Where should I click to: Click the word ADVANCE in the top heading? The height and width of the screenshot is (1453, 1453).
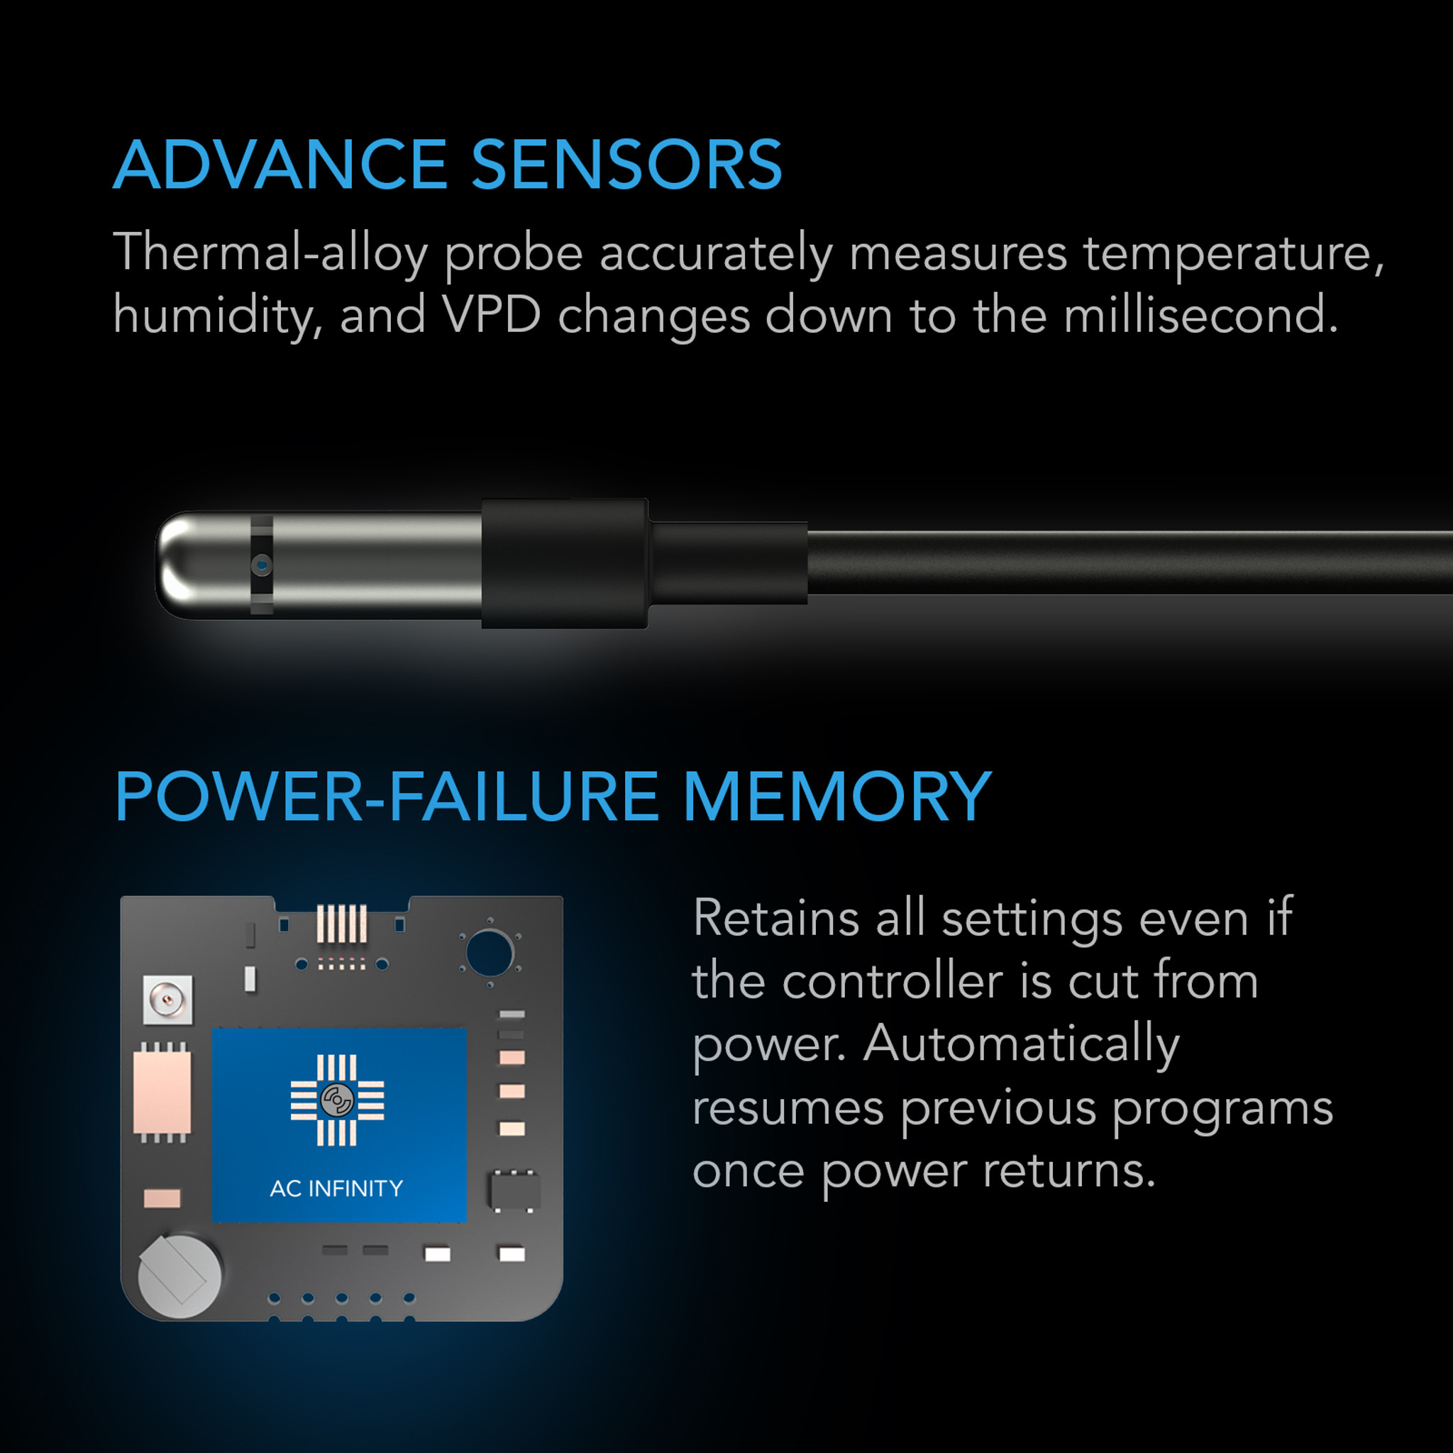coord(280,165)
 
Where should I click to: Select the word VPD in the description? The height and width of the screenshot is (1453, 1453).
coord(492,314)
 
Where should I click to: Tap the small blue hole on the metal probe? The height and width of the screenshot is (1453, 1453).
coord(261,564)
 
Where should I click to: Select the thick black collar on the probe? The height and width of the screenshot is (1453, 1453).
coord(564,563)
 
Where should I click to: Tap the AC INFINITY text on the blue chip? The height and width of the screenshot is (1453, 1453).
coord(336,1188)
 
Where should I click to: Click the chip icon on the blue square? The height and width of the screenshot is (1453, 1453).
coord(337,1100)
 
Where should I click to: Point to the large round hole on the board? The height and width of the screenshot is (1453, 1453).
coord(489,952)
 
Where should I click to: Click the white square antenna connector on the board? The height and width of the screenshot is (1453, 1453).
coord(167,1000)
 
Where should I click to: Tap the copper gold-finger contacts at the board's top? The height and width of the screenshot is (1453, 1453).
coord(341,924)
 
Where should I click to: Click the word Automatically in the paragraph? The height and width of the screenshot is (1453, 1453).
coord(1022,1044)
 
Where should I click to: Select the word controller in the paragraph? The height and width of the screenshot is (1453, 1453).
coord(892,981)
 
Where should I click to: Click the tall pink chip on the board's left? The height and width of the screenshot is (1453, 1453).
coord(162,1092)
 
